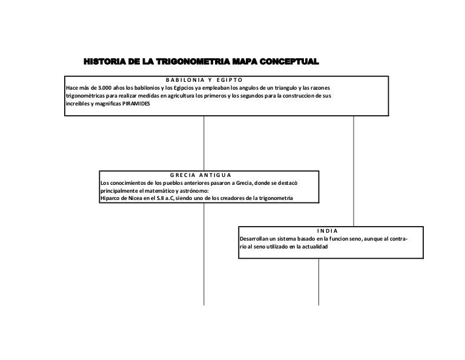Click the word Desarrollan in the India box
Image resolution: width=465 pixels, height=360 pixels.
[255, 239]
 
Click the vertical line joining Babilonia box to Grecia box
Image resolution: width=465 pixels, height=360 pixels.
[204, 142]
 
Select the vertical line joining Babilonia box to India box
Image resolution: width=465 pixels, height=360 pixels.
[354, 170]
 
